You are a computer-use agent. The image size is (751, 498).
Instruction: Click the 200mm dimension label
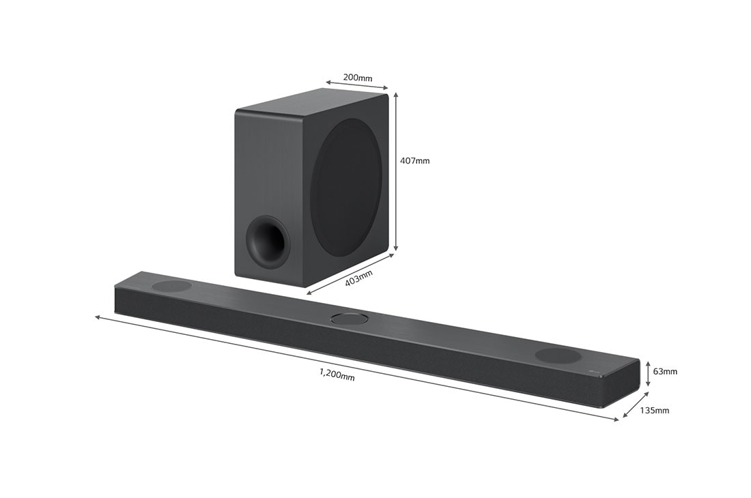358,78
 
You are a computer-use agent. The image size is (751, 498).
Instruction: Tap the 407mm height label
415,161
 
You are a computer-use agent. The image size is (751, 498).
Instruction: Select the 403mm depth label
358,278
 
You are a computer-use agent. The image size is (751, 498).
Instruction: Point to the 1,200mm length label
337,374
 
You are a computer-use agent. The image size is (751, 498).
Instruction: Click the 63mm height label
665,372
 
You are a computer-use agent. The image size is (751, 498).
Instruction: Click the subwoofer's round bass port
267,241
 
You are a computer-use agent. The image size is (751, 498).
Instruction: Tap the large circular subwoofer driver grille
346,188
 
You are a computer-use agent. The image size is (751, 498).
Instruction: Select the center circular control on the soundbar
349,318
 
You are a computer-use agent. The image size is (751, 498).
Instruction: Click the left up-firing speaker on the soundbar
171,286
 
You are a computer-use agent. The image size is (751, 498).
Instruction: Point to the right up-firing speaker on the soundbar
558,355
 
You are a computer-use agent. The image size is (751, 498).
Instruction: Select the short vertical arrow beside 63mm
647,373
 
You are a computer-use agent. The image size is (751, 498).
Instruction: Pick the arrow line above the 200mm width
356,85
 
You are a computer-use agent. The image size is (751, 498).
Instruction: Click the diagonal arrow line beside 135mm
635,405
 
